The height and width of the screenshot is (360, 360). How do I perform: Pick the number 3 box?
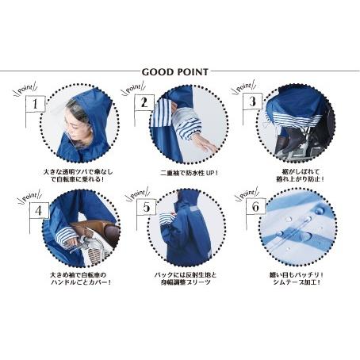251,101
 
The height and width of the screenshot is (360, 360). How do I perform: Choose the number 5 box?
144,209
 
